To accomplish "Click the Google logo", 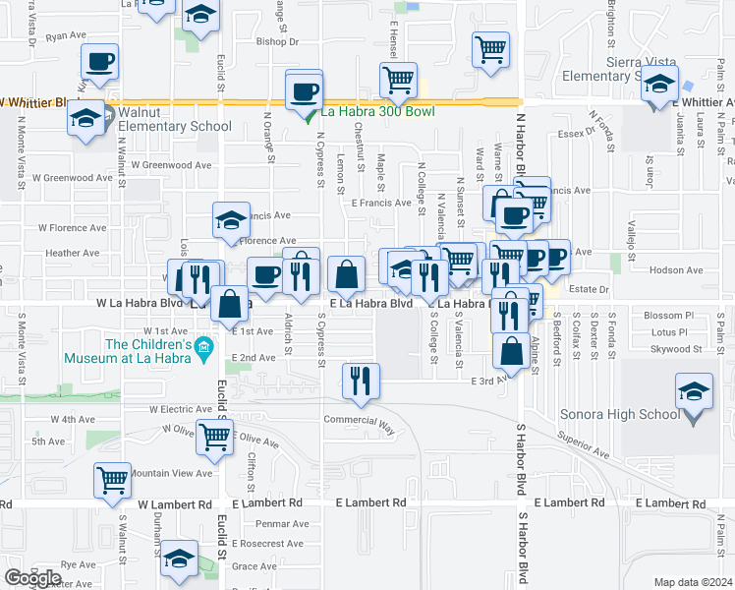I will click(32, 578).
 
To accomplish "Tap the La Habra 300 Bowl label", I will click(377, 112).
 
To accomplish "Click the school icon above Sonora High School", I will click(695, 392).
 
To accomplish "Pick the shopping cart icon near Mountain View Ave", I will click(113, 480).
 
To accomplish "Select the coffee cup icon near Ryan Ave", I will click(100, 62).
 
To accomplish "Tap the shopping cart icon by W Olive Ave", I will click(214, 436).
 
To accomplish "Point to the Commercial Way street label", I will click(359, 420).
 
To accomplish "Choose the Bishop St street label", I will click(276, 42).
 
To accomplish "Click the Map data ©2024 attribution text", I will click(694, 582).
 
